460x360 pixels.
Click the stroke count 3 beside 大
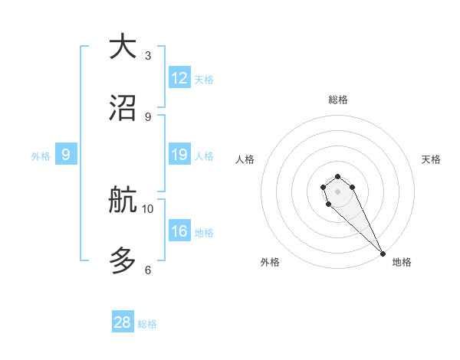(148, 56)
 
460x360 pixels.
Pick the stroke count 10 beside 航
(148, 208)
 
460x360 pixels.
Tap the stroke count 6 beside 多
(148, 270)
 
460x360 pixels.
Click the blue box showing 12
(179, 78)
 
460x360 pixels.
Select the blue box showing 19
(179, 155)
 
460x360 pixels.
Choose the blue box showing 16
(179, 231)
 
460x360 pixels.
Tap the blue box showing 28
(123, 322)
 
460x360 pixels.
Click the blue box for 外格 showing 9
(66, 155)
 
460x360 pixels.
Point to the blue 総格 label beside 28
(147, 324)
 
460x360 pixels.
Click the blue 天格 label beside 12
(204, 80)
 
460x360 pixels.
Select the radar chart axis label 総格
(338, 100)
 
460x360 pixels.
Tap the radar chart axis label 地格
(402, 263)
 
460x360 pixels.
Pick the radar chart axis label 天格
(431, 159)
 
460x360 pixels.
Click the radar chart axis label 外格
(270, 263)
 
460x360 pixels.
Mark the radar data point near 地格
(382, 253)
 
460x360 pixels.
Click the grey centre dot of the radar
(337, 191)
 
